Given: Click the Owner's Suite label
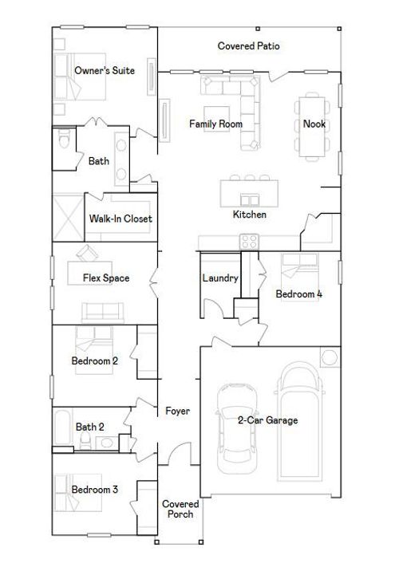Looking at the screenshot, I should click(104, 71).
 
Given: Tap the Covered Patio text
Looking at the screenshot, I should click(248, 46).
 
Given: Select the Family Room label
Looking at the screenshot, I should click(215, 124).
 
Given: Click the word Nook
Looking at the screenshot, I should click(314, 124).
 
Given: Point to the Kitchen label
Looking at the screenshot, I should click(249, 215).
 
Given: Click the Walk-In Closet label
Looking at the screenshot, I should click(120, 219).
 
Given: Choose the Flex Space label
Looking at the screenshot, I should click(106, 278).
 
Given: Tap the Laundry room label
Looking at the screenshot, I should click(220, 278).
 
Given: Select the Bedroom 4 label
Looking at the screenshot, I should click(298, 294).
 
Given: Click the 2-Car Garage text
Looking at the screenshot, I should click(267, 420).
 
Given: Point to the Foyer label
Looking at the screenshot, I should click(177, 412).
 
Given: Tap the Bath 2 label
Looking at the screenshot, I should click(89, 427).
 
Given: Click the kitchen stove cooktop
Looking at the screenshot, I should click(249, 240).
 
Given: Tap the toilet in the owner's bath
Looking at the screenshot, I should click(64, 141).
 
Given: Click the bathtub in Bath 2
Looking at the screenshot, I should click(63, 430).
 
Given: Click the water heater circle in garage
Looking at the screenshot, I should click(330, 356).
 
